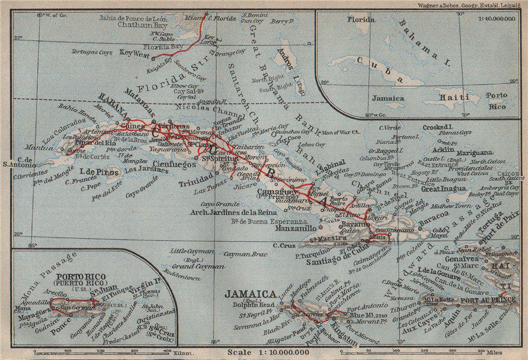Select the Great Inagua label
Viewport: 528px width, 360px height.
[443, 188]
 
